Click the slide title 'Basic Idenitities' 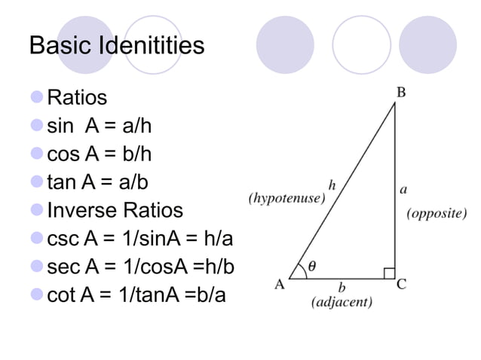click(116, 46)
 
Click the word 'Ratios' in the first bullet click(77, 98)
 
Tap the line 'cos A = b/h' click(100, 154)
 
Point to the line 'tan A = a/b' click(99, 182)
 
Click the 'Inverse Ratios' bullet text click(115, 210)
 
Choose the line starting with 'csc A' click(139, 239)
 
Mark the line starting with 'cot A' click(136, 294)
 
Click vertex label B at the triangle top click(402, 93)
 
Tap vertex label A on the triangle click(280, 285)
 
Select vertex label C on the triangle click(402, 285)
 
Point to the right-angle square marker click(389, 273)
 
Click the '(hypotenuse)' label click(287, 199)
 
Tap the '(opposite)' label click(437, 214)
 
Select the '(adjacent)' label click(342, 303)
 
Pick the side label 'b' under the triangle click(342, 287)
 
